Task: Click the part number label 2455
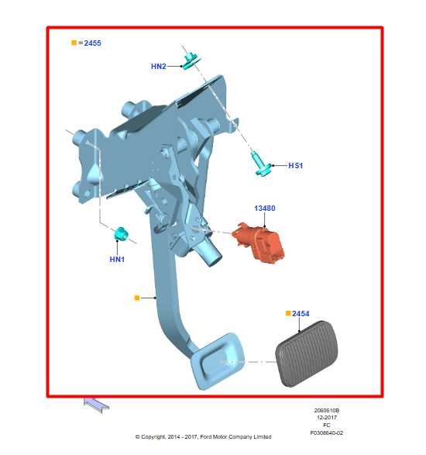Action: (91, 43)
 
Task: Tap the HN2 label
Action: (158, 67)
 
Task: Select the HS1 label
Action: (295, 165)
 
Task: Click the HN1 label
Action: (118, 259)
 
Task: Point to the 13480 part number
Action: (265, 209)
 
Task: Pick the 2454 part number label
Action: (301, 314)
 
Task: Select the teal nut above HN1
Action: (121, 234)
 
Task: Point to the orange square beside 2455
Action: (74, 43)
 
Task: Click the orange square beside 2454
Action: (288, 314)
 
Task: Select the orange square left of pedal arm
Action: (137, 297)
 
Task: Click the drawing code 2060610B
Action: (326, 412)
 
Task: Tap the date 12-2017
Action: (326, 419)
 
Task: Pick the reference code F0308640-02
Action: (326, 433)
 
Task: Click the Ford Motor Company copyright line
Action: (204, 437)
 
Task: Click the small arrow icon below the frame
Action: (96, 402)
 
